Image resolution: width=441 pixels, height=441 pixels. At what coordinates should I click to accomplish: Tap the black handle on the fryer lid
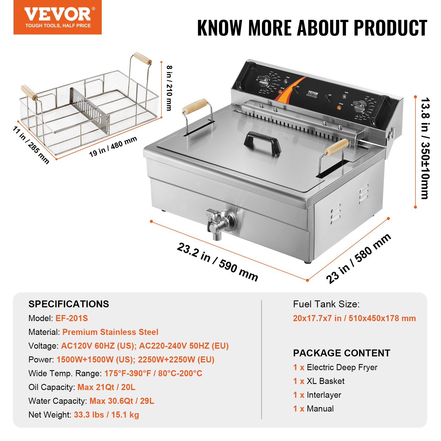(262, 141)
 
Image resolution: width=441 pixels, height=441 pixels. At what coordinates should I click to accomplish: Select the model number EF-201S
(72, 318)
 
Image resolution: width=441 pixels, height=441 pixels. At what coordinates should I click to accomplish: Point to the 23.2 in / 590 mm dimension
(217, 262)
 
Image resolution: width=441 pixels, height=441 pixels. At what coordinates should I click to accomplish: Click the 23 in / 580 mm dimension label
(358, 258)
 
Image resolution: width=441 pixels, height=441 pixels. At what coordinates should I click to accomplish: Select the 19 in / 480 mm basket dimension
(113, 147)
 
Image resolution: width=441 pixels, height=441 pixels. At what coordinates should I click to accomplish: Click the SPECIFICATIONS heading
(69, 304)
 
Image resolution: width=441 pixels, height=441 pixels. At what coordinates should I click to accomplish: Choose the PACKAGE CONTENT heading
(341, 353)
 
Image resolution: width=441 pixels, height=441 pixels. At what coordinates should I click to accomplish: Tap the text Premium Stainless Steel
(110, 332)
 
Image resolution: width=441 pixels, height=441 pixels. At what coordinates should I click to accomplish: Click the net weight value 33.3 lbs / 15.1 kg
(106, 415)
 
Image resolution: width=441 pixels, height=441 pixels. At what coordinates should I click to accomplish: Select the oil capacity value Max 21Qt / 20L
(106, 387)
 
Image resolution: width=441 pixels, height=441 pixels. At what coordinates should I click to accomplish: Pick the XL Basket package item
(326, 381)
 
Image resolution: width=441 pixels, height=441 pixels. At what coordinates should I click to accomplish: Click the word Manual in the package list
(320, 409)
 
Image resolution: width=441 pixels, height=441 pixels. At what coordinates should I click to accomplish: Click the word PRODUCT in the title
(390, 28)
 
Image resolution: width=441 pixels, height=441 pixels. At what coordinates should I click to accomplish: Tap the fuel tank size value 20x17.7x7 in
(317, 318)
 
